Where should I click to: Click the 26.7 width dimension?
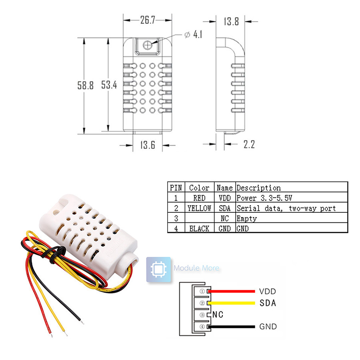tap(148, 20)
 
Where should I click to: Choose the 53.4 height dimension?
tap(109, 85)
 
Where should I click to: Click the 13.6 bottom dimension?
tap(147, 145)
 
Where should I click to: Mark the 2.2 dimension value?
tap(248, 144)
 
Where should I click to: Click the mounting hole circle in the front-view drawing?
tap(148, 45)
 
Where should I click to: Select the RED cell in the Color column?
tap(199, 198)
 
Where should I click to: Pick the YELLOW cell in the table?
tap(199, 208)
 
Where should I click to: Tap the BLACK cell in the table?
tap(199, 229)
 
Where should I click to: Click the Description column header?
tap(258, 188)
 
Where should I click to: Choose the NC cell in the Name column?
tap(225, 218)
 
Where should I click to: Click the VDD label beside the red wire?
tap(268, 291)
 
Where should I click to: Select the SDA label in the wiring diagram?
tap(268, 303)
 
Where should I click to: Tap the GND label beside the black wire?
tap(268, 327)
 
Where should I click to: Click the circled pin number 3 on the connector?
tap(202, 315)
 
